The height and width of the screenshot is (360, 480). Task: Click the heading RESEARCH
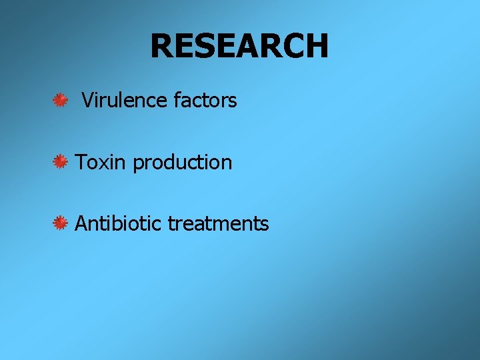coord(239,46)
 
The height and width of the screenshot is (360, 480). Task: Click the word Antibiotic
coord(118,223)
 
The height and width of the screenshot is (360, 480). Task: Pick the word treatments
coord(218,224)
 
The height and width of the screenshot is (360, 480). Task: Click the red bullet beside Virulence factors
coord(61,101)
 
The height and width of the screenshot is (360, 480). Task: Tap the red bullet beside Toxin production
coord(61,161)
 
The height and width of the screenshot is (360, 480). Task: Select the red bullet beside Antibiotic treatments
coord(61,223)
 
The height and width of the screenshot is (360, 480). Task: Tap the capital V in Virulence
coord(87,101)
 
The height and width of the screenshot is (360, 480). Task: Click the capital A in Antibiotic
coord(82,223)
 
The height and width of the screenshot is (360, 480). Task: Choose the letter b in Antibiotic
coord(120,223)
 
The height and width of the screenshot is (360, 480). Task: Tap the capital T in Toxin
coord(81,162)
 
